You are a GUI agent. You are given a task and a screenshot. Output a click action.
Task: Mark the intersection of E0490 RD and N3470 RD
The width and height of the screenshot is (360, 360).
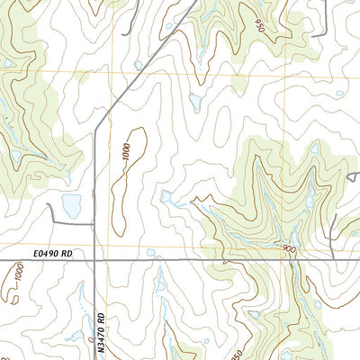(94, 262)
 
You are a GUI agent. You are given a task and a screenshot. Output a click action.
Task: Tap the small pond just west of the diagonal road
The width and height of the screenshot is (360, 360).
(136, 65)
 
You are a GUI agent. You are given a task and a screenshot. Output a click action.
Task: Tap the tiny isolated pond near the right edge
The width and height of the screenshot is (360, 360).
(338, 93)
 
